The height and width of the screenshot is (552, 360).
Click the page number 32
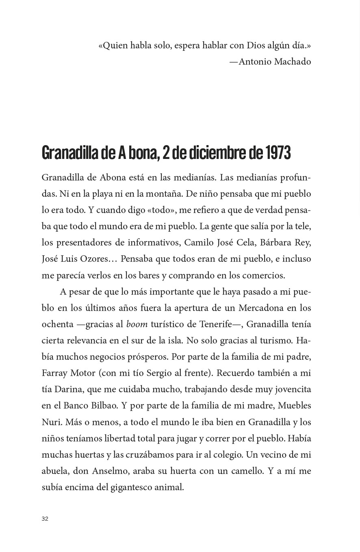pos(45,519)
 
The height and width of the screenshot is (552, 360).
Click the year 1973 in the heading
pos(278,153)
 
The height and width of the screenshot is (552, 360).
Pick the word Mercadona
pos(261,308)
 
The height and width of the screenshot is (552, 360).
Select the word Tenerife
pos(215,324)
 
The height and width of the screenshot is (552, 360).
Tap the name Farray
pos(54,373)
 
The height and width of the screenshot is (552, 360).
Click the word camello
pos(245,471)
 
